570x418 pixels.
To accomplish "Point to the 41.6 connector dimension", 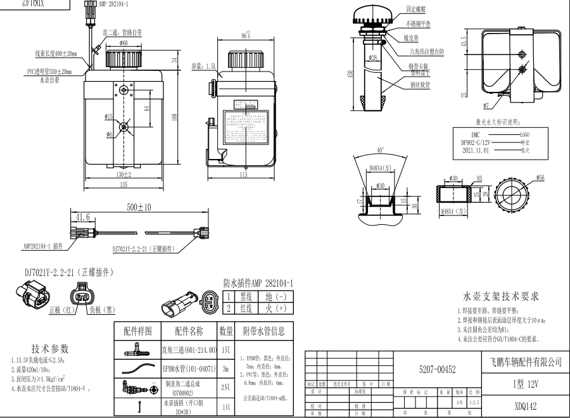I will tap(83, 217).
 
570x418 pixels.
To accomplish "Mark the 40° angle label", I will tap(379, 150).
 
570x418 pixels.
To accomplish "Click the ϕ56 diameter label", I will tap(540, 178).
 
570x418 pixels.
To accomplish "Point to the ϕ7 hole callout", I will tap(486, 104).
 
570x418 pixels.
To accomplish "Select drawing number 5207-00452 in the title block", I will tap(437, 369).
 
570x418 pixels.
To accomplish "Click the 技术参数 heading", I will tap(50, 349).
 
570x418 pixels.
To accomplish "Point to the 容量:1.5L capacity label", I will tap(204, 65).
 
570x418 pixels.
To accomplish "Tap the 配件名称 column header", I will tap(184, 331).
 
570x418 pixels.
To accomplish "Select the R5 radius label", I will tap(480, 178).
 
